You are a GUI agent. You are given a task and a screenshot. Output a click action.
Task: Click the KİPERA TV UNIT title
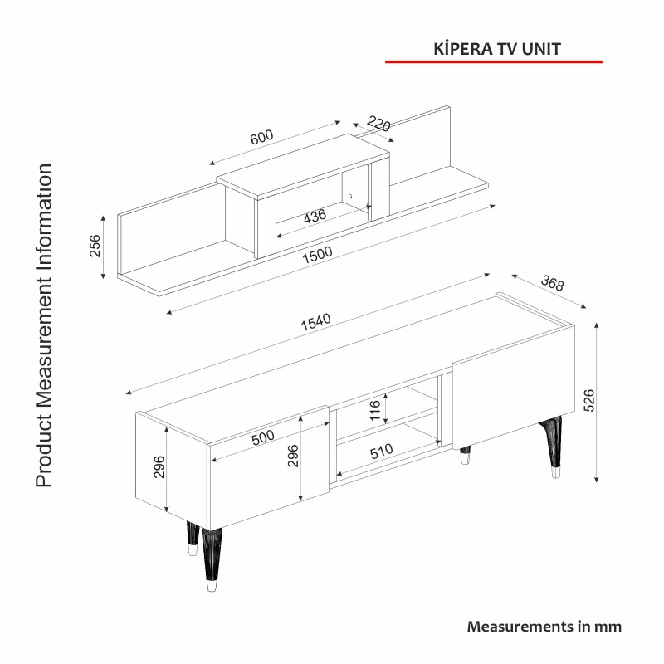coord(496,48)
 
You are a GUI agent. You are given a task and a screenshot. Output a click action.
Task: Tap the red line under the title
coord(494,61)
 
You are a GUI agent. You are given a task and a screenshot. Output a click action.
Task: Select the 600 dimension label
coord(261,137)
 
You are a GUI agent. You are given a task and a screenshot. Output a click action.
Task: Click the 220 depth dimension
coord(378,124)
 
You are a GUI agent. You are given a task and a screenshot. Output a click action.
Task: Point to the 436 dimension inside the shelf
coord(315,216)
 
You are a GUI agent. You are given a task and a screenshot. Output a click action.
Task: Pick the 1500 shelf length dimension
coord(317,255)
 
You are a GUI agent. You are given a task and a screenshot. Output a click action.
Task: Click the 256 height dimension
coord(95,246)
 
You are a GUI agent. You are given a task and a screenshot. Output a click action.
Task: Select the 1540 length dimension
coord(315,322)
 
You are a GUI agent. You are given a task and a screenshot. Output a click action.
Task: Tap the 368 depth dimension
coord(552,283)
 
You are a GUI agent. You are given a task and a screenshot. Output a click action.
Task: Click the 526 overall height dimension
coord(588,400)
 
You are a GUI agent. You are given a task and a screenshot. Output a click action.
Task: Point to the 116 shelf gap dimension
coord(375,410)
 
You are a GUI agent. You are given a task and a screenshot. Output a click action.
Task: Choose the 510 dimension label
coord(381,452)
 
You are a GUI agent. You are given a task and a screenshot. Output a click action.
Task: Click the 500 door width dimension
coord(263,437)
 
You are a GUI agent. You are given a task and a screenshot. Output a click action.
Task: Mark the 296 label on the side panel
coord(159,467)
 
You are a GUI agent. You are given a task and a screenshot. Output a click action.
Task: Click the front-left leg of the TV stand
coord(212,559)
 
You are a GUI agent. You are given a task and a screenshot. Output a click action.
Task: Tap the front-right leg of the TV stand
coord(552,447)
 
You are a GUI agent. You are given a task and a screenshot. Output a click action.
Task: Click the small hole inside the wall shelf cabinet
coord(350,196)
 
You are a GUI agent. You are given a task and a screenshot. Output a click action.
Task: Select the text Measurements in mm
coord(544,627)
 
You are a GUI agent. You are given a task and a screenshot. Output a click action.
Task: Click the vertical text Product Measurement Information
coord(44,325)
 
